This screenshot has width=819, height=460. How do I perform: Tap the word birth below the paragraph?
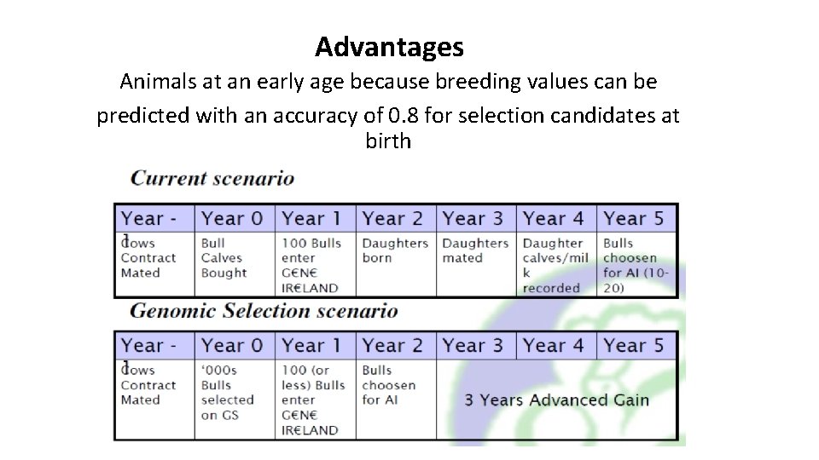[x=388, y=141]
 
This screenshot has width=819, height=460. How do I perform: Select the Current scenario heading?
[x=212, y=179]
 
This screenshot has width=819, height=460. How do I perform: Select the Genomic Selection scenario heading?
[x=264, y=311]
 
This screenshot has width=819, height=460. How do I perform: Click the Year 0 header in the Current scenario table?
[x=232, y=219]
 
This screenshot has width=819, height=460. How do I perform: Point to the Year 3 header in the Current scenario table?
[x=473, y=219]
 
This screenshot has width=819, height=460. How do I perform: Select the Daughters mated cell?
[x=474, y=250]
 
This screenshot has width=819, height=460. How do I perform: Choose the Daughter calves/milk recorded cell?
[x=555, y=265]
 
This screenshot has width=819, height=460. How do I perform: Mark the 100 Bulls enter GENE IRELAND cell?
[x=311, y=265]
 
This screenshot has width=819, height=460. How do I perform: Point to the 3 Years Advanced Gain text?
[x=556, y=400]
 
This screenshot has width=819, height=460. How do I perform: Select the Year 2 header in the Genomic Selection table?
[x=392, y=346]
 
